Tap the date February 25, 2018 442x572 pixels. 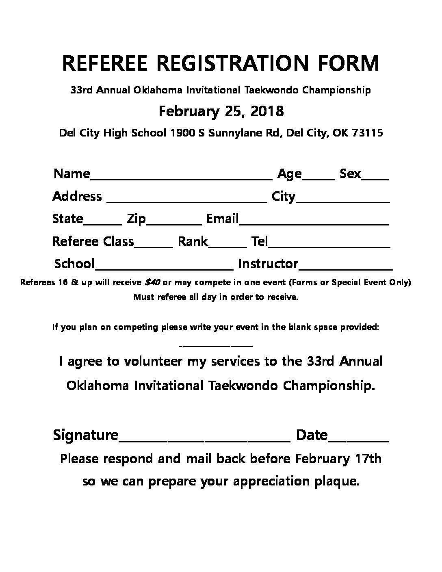(221, 110)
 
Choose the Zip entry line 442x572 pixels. (174, 223)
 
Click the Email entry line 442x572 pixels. (314, 223)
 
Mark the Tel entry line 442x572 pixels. (329, 245)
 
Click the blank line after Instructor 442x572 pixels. (345, 268)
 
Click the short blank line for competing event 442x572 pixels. (216, 346)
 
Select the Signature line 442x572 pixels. (204, 439)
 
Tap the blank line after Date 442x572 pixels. (358, 439)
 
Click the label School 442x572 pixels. (74, 264)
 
